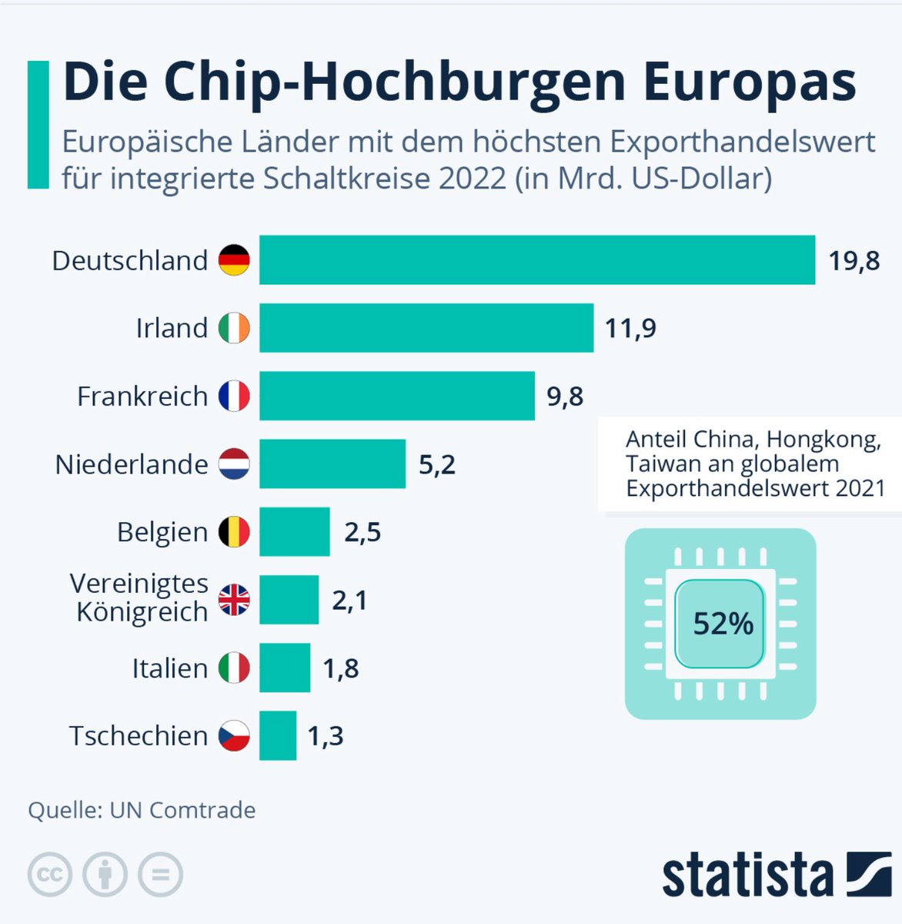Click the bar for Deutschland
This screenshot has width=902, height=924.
pyautogui.click(x=536, y=260)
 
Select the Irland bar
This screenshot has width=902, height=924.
pyautogui.click(x=426, y=328)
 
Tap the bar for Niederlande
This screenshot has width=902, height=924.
pyautogui.click(x=332, y=464)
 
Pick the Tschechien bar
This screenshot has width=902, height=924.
pyautogui.click(x=277, y=735)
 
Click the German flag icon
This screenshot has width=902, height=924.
pyautogui.click(x=234, y=260)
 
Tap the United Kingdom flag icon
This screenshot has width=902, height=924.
pyautogui.click(x=234, y=600)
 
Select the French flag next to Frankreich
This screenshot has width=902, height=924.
pyautogui.click(x=234, y=396)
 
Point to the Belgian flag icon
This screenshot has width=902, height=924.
pyautogui.click(x=234, y=532)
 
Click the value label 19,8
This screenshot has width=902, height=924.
pyautogui.click(x=854, y=261)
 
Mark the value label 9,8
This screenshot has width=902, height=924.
pyautogui.click(x=565, y=397)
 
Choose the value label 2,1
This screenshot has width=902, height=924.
pyautogui.click(x=349, y=600)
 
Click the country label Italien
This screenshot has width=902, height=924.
pyautogui.click(x=169, y=668)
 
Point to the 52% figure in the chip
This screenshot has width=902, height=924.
pyautogui.click(x=722, y=624)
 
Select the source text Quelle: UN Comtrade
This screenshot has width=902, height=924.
pyautogui.click(x=142, y=810)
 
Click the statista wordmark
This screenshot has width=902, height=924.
pyautogui.click(x=747, y=875)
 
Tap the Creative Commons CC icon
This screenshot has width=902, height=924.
pyautogui.click(x=50, y=875)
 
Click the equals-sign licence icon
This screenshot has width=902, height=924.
pyautogui.click(x=160, y=875)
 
